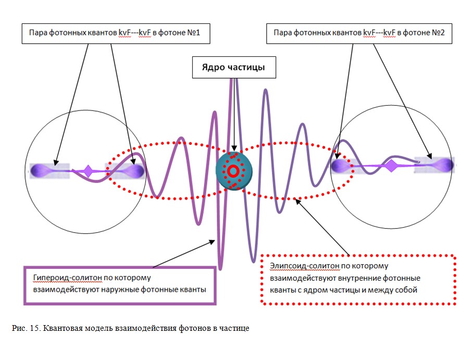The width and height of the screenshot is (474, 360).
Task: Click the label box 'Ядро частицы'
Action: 234,68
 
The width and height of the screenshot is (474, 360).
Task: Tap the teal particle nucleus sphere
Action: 234,170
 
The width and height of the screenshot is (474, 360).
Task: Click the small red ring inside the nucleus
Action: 233,170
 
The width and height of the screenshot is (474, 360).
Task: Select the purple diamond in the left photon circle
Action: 89,170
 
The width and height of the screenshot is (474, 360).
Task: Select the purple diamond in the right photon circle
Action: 391,166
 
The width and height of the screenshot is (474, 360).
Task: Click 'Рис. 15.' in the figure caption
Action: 26,329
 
